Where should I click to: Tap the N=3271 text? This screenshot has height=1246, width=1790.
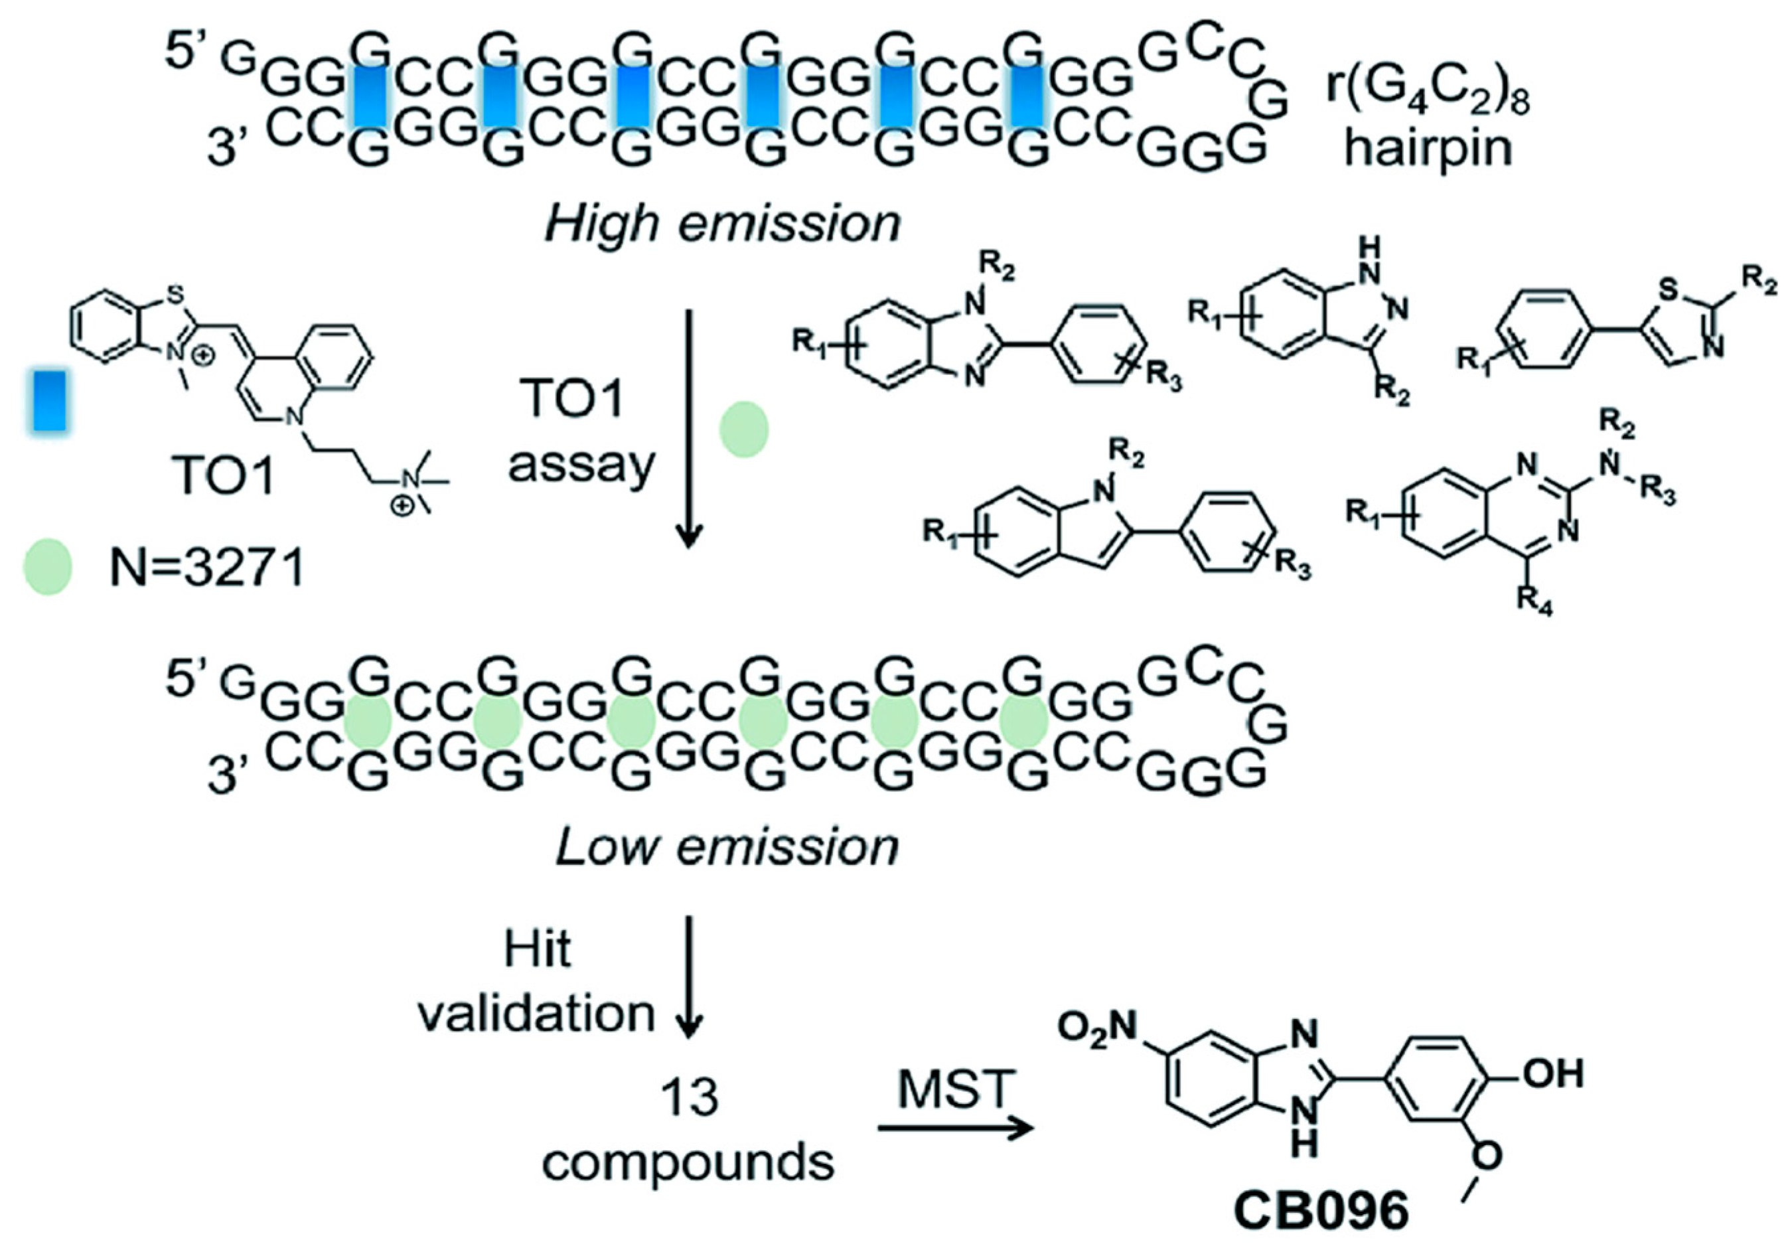click(x=206, y=568)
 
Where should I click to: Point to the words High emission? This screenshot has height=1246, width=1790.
click(x=722, y=224)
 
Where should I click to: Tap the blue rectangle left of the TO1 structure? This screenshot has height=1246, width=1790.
click(x=48, y=401)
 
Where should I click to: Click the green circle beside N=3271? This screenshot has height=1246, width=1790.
click(x=48, y=567)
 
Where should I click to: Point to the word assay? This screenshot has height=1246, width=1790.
click(x=581, y=465)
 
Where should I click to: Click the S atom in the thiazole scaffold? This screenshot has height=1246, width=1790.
click(x=1668, y=291)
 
